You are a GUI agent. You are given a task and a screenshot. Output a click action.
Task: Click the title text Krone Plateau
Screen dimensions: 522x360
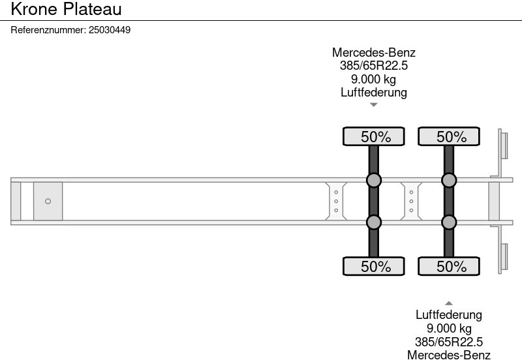click(66, 9)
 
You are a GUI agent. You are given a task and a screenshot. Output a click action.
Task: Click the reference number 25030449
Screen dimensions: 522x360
click(110, 30)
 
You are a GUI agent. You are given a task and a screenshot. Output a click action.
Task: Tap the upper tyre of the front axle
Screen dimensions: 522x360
click(373, 136)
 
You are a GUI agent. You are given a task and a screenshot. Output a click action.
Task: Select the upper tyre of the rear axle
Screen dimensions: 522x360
click(449, 136)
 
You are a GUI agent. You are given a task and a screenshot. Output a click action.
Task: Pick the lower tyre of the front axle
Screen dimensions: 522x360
click(373, 266)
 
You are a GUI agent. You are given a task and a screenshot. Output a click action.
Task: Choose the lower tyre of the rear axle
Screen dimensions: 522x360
click(449, 266)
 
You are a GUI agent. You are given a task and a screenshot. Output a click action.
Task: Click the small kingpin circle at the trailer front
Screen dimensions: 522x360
click(48, 202)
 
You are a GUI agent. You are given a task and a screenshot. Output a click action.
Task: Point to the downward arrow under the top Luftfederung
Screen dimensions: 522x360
click(373, 105)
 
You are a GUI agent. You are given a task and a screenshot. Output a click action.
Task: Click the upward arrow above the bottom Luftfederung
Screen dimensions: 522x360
click(449, 303)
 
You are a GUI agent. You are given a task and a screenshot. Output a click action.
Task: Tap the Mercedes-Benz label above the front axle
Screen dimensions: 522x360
click(373, 53)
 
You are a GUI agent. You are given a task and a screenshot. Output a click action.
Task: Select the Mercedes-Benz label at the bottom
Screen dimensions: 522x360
click(449, 355)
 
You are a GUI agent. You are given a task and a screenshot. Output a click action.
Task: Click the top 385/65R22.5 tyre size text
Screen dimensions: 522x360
click(373, 66)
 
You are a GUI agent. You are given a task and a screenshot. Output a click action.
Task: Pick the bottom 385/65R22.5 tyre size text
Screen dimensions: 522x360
click(449, 342)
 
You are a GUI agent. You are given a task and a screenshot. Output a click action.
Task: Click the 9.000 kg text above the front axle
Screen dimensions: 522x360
click(373, 79)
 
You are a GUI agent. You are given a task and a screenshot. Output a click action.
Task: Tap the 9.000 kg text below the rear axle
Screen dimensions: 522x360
click(449, 329)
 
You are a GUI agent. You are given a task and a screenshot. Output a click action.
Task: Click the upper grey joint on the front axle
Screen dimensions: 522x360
click(373, 181)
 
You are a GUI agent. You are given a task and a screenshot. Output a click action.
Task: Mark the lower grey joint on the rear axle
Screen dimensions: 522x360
click(449, 222)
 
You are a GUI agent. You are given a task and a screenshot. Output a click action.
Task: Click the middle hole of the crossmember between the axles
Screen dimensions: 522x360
click(411, 202)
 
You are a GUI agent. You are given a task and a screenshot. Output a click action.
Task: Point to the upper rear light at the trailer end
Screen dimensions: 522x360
click(504, 145)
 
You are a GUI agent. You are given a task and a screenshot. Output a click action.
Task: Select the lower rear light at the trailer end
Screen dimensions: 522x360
click(504, 257)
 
